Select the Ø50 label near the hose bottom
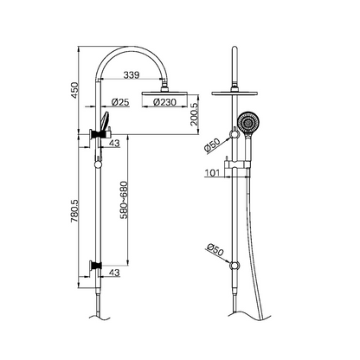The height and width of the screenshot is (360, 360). pos(213,251)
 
